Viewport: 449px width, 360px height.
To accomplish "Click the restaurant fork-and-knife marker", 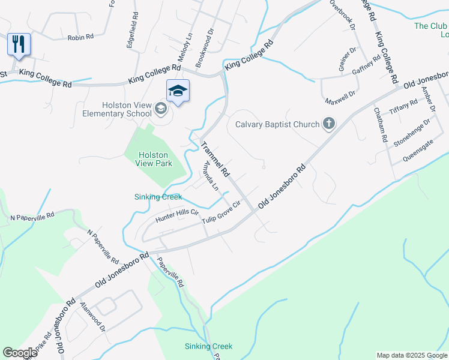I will (x=19, y=44).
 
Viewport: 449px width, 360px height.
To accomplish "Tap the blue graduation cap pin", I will (x=178, y=91).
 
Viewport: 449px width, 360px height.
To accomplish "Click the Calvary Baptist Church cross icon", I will (x=328, y=124).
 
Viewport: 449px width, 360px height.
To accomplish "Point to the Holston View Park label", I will (x=155, y=158).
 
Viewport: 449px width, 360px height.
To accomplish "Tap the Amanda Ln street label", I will (x=211, y=175).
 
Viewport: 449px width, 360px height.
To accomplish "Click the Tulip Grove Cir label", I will (x=221, y=213).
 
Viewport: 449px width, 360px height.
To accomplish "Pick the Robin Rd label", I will (x=80, y=37).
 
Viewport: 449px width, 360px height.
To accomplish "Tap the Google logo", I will (x=20, y=353).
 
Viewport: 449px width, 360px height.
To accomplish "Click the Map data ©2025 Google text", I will (x=412, y=355).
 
